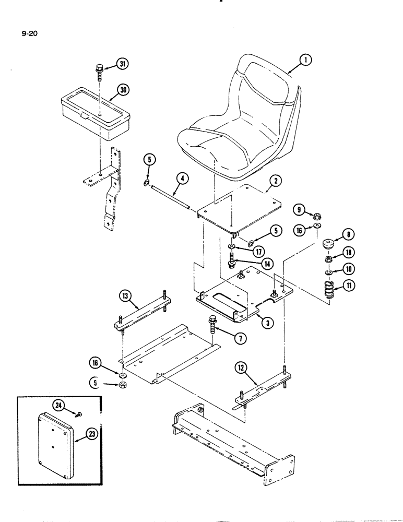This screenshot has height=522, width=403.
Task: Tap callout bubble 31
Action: (123, 64)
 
